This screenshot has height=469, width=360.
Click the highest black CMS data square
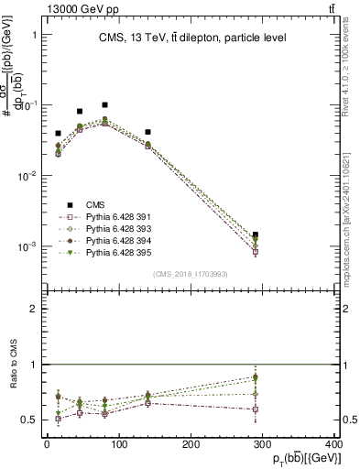tap(104, 105)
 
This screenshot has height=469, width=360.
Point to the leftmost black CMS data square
tap(58, 134)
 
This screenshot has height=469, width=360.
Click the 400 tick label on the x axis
tap(333, 444)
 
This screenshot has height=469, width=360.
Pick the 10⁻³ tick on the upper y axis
tap(29, 246)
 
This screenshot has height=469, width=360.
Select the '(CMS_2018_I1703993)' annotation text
tap(191, 274)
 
